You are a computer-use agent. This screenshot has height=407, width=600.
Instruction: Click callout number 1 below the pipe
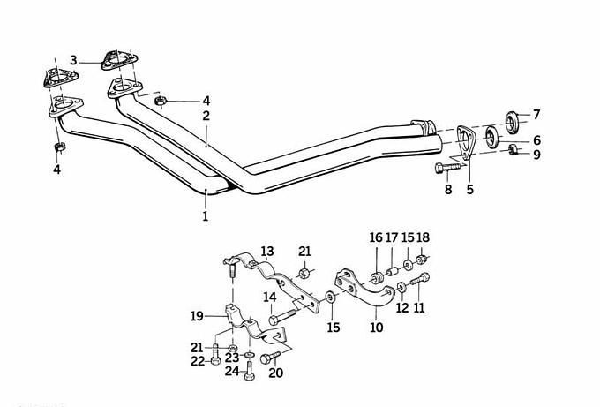205,216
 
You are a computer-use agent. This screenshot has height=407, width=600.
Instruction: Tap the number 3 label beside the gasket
73,60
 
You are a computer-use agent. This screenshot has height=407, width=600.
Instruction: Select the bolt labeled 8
449,168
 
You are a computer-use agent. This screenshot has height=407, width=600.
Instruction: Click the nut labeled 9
513,150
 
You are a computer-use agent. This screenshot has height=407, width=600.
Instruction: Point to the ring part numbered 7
512,122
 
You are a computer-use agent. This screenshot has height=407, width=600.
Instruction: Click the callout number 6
536,140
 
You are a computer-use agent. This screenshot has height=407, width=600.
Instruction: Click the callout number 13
267,252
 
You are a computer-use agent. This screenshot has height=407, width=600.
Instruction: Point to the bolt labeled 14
282,317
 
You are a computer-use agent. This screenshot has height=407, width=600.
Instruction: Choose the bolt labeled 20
271,358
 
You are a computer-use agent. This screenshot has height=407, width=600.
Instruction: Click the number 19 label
197,317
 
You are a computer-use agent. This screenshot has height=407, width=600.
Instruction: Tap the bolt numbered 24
250,371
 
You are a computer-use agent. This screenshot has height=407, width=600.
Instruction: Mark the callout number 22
198,361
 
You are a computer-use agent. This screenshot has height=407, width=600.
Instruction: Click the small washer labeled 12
401,287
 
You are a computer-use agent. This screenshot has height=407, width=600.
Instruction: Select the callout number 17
392,237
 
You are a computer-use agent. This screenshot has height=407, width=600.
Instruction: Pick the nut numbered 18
421,260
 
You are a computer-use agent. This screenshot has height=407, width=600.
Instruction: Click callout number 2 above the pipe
206,116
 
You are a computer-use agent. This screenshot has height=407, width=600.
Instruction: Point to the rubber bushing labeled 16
375,277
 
